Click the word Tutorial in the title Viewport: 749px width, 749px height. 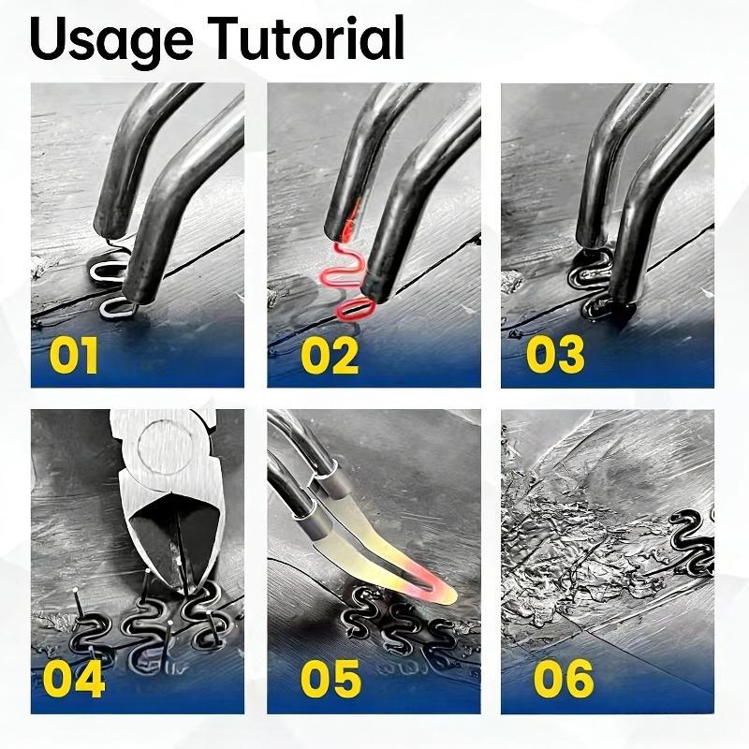pyautogui.click(x=308, y=37)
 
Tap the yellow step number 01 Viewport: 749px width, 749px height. pyautogui.click(x=74, y=355)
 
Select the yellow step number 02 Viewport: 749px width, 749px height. pyautogui.click(x=330, y=355)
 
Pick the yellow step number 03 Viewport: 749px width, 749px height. pyautogui.click(x=555, y=355)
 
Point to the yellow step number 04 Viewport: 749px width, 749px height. pyautogui.click(x=74, y=678)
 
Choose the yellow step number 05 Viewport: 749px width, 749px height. pyautogui.click(x=330, y=678)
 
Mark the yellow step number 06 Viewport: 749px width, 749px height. pyautogui.click(x=564, y=678)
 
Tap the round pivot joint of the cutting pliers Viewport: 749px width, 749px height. pyautogui.click(x=166, y=447)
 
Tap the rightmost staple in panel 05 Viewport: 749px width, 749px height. pyautogui.click(x=442, y=631)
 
